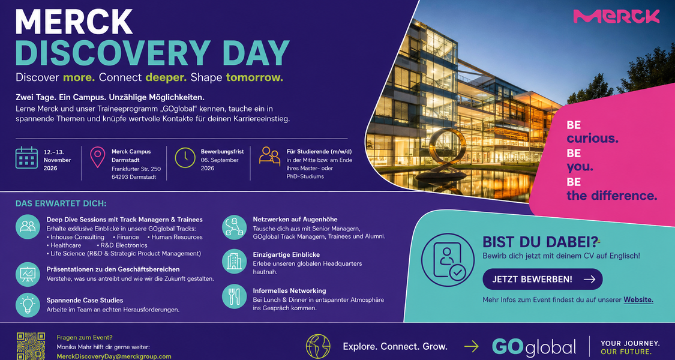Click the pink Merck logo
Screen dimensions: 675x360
pos(616,16)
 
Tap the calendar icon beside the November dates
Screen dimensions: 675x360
pos(26,158)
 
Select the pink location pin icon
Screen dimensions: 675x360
pos(98,157)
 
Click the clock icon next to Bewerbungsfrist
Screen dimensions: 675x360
pos(185,158)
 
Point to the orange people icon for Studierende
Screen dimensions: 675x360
pos(270,156)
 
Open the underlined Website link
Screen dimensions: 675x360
pos(638,300)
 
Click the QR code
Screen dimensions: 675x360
pos(31,346)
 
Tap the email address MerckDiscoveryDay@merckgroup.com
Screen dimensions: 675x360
pos(114,356)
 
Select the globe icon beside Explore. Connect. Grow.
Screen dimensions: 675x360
pos(318,346)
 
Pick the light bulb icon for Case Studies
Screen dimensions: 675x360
pos(28,305)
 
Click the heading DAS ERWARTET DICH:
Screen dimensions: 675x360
pos(61,203)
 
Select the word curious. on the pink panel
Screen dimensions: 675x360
pos(592,138)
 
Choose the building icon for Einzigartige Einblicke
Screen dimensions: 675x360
pos(235,261)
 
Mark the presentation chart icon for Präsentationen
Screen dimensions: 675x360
pos(28,274)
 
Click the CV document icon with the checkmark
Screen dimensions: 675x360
pos(448,260)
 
